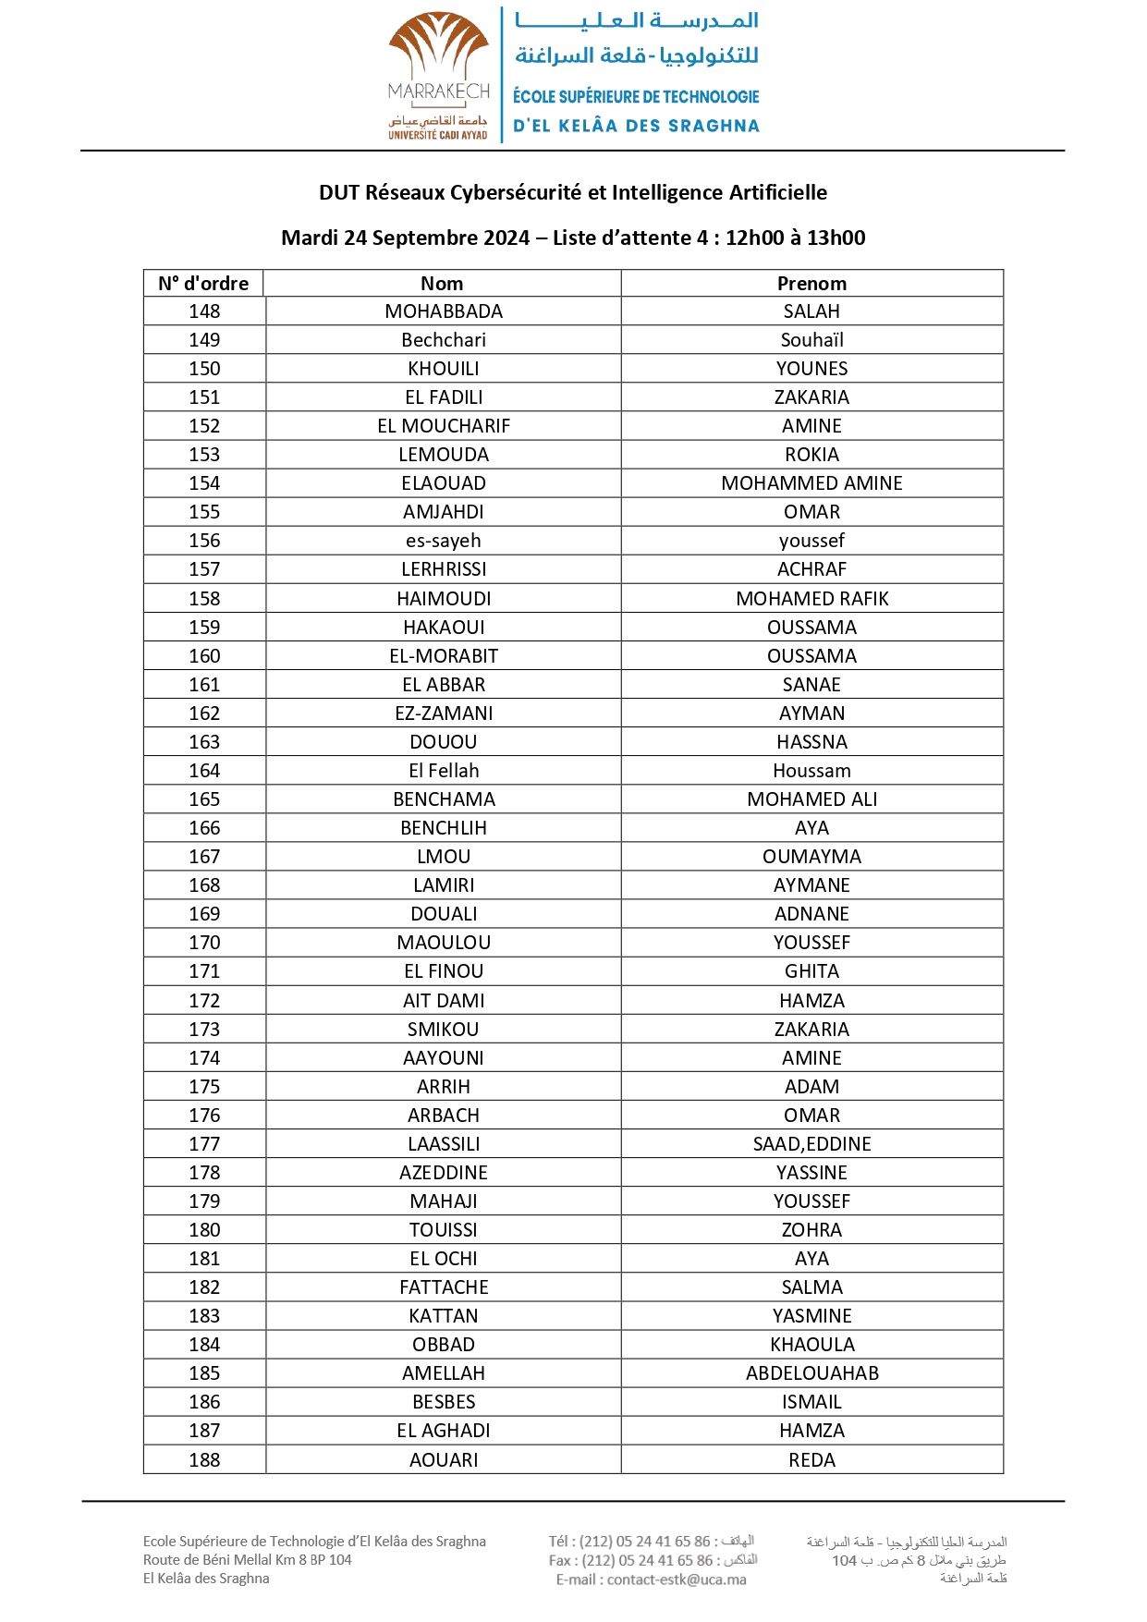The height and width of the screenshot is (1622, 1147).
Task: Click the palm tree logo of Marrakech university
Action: tap(438, 47)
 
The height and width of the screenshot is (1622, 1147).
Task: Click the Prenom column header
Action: tap(811, 284)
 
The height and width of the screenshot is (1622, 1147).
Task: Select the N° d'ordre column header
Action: tap(203, 284)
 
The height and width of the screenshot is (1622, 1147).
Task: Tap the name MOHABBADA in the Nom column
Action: tap(444, 311)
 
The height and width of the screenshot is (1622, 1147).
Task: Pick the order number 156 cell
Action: tap(204, 541)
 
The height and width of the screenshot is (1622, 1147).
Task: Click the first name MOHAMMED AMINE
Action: tap(811, 483)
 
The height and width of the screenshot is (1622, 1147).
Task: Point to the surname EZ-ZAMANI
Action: tap(444, 713)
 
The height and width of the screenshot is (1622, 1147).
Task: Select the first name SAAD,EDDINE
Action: tap(811, 1144)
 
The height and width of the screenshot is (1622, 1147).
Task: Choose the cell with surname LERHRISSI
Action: tap(444, 569)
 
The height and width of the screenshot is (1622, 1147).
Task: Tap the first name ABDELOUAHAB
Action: tap(811, 1373)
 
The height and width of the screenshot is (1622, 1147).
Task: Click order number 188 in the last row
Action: tap(204, 1460)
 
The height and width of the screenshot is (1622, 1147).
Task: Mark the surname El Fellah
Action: tap(444, 771)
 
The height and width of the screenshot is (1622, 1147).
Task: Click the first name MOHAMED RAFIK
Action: tap(811, 599)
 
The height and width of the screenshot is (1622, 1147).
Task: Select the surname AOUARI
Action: tap(444, 1460)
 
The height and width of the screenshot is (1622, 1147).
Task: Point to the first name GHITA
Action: tap(811, 971)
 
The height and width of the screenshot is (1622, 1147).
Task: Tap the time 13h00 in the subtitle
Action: tap(836, 238)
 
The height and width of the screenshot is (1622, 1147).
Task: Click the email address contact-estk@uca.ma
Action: tap(677, 1579)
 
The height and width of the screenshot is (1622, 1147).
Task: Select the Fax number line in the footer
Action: tap(653, 1560)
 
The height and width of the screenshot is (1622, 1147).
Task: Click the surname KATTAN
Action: tap(444, 1316)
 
